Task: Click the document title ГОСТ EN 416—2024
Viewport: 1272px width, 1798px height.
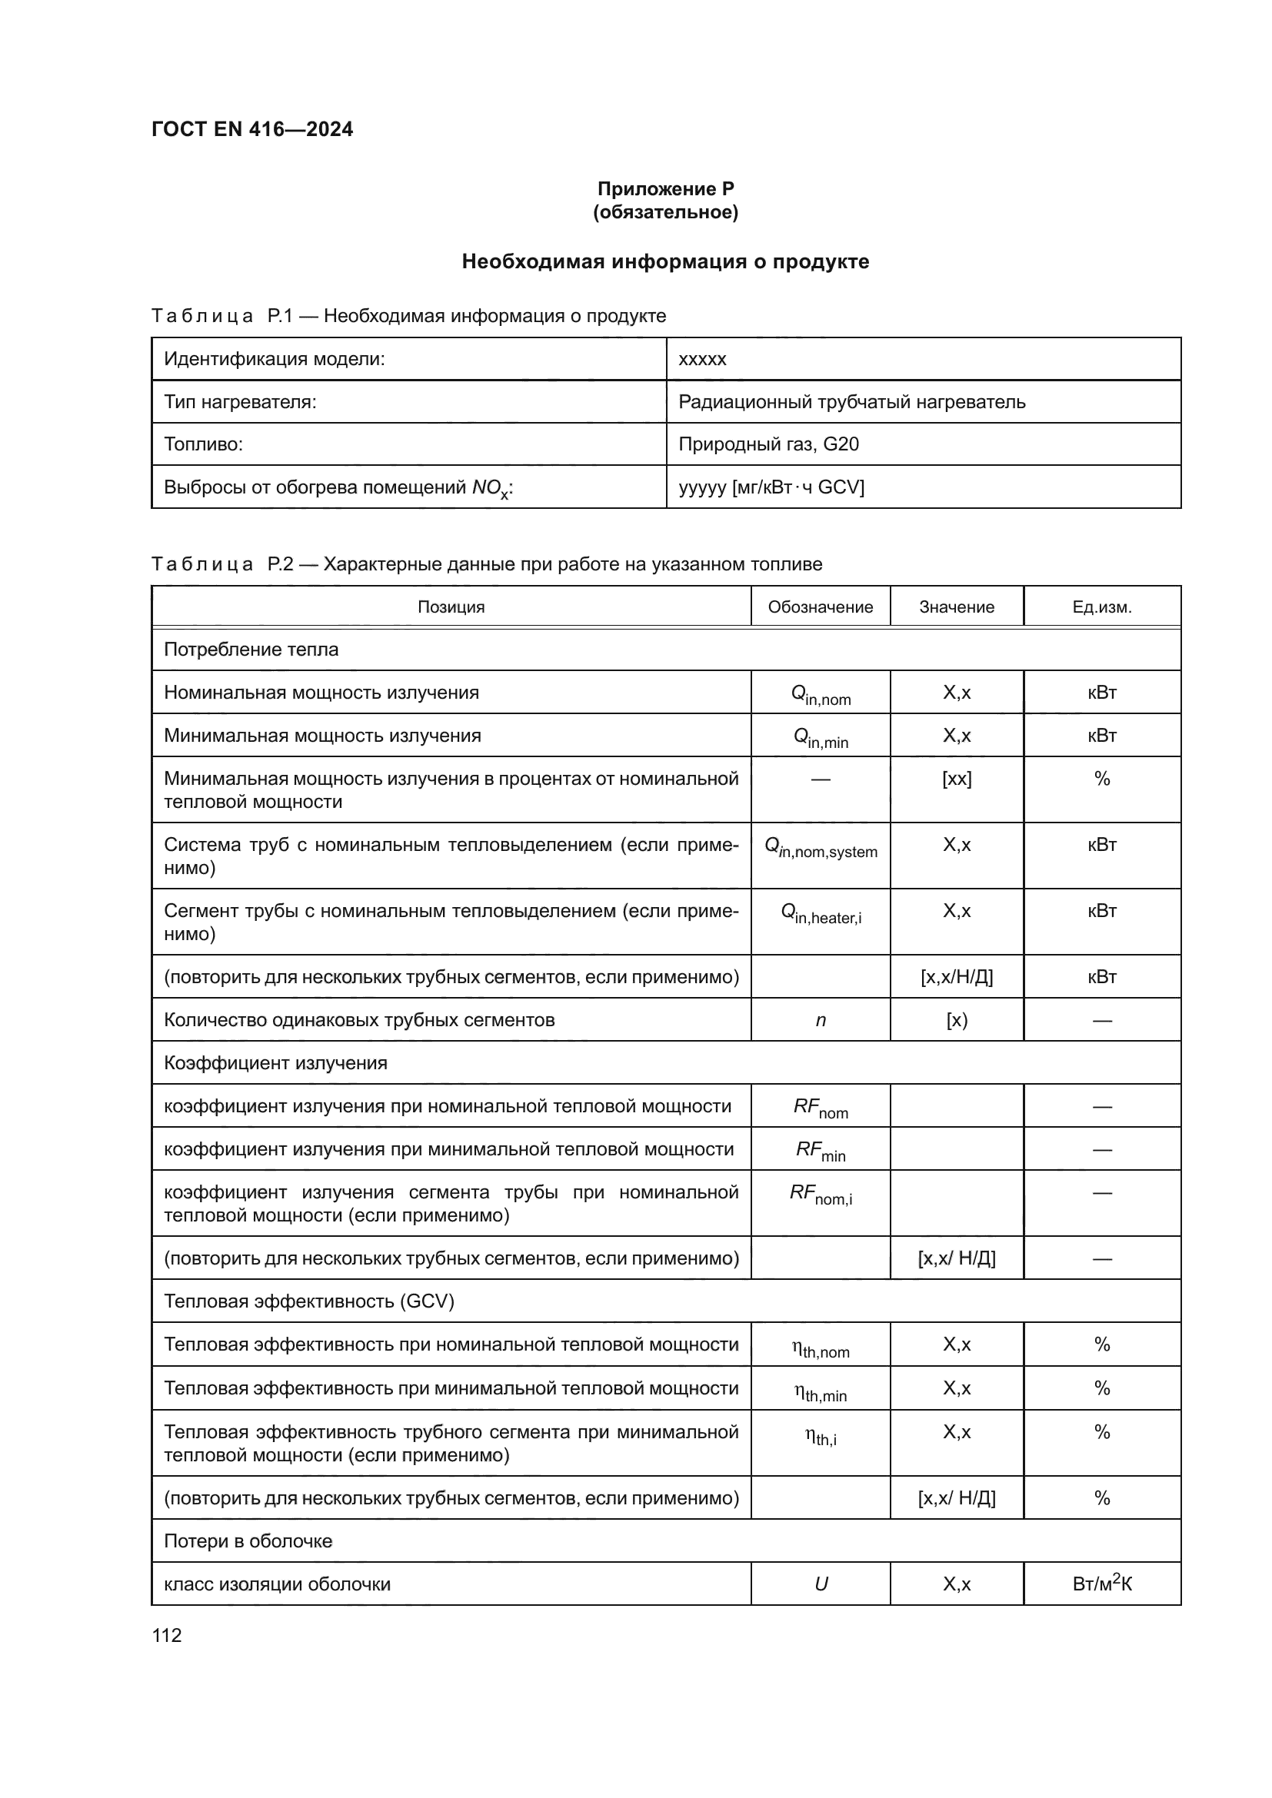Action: (252, 129)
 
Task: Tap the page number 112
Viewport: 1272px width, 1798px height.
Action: (167, 1635)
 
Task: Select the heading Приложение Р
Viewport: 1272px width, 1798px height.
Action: (665, 189)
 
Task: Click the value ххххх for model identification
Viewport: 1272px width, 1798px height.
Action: (703, 360)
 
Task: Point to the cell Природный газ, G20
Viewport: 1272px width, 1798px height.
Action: (768, 444)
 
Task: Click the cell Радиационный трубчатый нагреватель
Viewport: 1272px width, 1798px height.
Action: (851, 402)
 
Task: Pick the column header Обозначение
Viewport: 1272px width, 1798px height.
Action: (820, 607)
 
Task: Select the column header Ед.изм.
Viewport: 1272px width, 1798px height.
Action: (1101, 607)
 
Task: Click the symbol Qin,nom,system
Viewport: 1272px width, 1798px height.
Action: (820, 847)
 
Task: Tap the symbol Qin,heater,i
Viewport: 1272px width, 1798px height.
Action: (820, 913)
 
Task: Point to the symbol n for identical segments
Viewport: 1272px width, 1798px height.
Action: (820, 1019)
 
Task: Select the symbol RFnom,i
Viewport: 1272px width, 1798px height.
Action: (820, 1195)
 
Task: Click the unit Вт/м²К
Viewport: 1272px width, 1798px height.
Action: (1101, 1584)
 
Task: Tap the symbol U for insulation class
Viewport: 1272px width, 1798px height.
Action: (820, 1584)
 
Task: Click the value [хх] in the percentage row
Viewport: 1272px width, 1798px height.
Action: (957, 779)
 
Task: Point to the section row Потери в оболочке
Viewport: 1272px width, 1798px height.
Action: (248, 1541)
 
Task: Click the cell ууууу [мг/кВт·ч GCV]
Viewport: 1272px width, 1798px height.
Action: (771, 487)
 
